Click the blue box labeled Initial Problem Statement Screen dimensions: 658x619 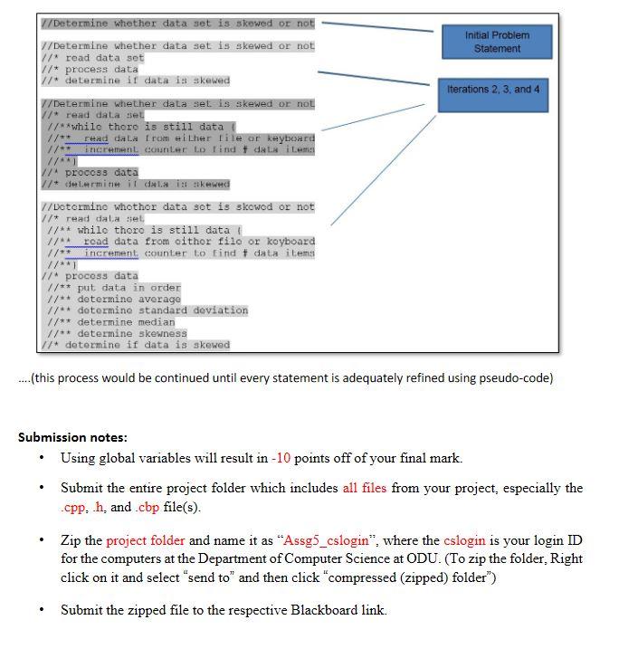pos(497,42)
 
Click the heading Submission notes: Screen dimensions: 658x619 pos(72,437)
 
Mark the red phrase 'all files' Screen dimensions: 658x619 pos(364,488)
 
